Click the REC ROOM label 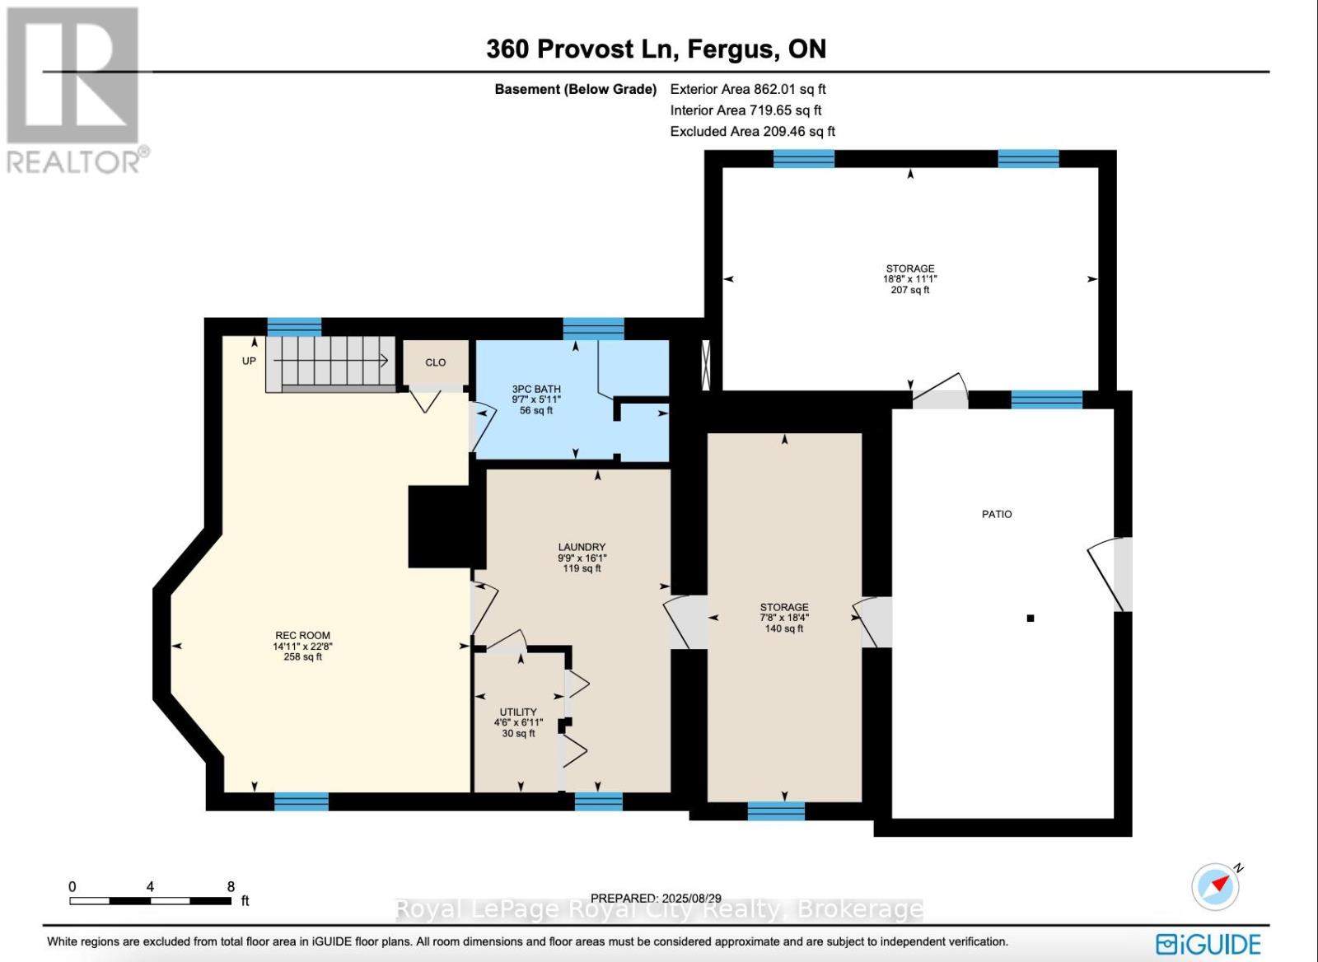tap(302, 636)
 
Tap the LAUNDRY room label tap(582, 547)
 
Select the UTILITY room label tap(518, 712)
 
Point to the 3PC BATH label tap(536, 389)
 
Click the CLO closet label tap(436, 362)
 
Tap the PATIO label tap(997, 514)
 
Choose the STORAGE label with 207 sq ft tap(910, 269)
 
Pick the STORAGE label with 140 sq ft tap(784, 607)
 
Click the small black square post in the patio tap(1031, 619)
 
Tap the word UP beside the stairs tap(249, 361)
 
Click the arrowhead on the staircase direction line tap(384, 360)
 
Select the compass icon tap(1216, 887)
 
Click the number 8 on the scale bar tap(231, 887)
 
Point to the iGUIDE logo tap(1208, 945)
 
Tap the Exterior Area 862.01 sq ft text tap(748, 89)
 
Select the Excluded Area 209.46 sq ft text tap(753, 131)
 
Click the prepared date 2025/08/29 tap(691, 899)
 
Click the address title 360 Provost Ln tap(582, 49)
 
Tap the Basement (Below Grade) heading tap(576, 90)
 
